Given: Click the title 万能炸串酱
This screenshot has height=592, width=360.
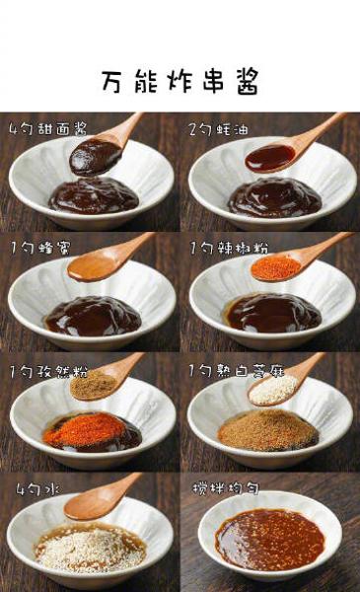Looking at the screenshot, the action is (x=180, y=81).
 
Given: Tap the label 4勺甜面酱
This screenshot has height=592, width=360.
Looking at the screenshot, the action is (x=48, y=128).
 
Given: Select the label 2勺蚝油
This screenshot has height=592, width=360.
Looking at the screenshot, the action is (x=219, y=129).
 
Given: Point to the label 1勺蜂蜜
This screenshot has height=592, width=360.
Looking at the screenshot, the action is (x=40, y=248).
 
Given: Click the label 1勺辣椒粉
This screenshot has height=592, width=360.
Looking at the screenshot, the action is (x=229, y=248).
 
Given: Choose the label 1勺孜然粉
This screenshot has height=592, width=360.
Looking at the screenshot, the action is (x=49, y=372).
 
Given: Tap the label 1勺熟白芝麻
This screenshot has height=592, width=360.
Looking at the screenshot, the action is (x=237, y=371).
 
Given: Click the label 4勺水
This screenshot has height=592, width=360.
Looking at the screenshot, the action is (x=37, y=489).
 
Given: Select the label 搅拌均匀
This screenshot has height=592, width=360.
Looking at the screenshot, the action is (x=226, y=488).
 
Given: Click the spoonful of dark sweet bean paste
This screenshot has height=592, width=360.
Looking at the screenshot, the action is (x=95, y=157).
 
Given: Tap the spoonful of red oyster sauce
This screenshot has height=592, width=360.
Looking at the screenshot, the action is (x=270, y=158).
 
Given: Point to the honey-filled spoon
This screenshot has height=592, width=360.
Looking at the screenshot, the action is (x=91, y=267).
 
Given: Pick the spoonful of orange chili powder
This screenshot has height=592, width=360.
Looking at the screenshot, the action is (x=276, y=267).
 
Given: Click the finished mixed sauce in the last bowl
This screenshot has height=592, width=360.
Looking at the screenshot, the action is (x=270, y=540).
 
